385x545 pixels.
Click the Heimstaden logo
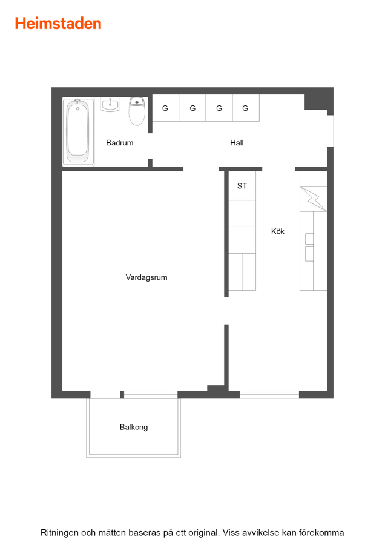(x=58, y=24)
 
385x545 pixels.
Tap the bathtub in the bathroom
(x=78, y=132)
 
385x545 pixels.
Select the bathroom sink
(x=110, y=104)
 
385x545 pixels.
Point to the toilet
(x=137, y=111)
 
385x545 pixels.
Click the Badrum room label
(x=119, y=143)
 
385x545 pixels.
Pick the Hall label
(x=237, y=143)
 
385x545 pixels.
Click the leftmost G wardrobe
(x=166, y=108)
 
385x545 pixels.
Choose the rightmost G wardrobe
(x=246, y=108)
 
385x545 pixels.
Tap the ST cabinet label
(x=242, y=186)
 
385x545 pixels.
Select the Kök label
(x=278, y=231)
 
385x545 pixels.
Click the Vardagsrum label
(x=146, y=277)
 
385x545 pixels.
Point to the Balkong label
(x=134, y=427)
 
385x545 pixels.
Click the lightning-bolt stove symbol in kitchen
(x=314, y=199)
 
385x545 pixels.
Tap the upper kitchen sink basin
(x=309, y=239)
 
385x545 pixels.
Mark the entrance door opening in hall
(x=331, y=131)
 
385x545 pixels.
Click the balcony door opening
(x=105, y=394)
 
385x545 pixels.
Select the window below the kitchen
(x=269, y=394)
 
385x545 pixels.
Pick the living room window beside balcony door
(x=151, y=394)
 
